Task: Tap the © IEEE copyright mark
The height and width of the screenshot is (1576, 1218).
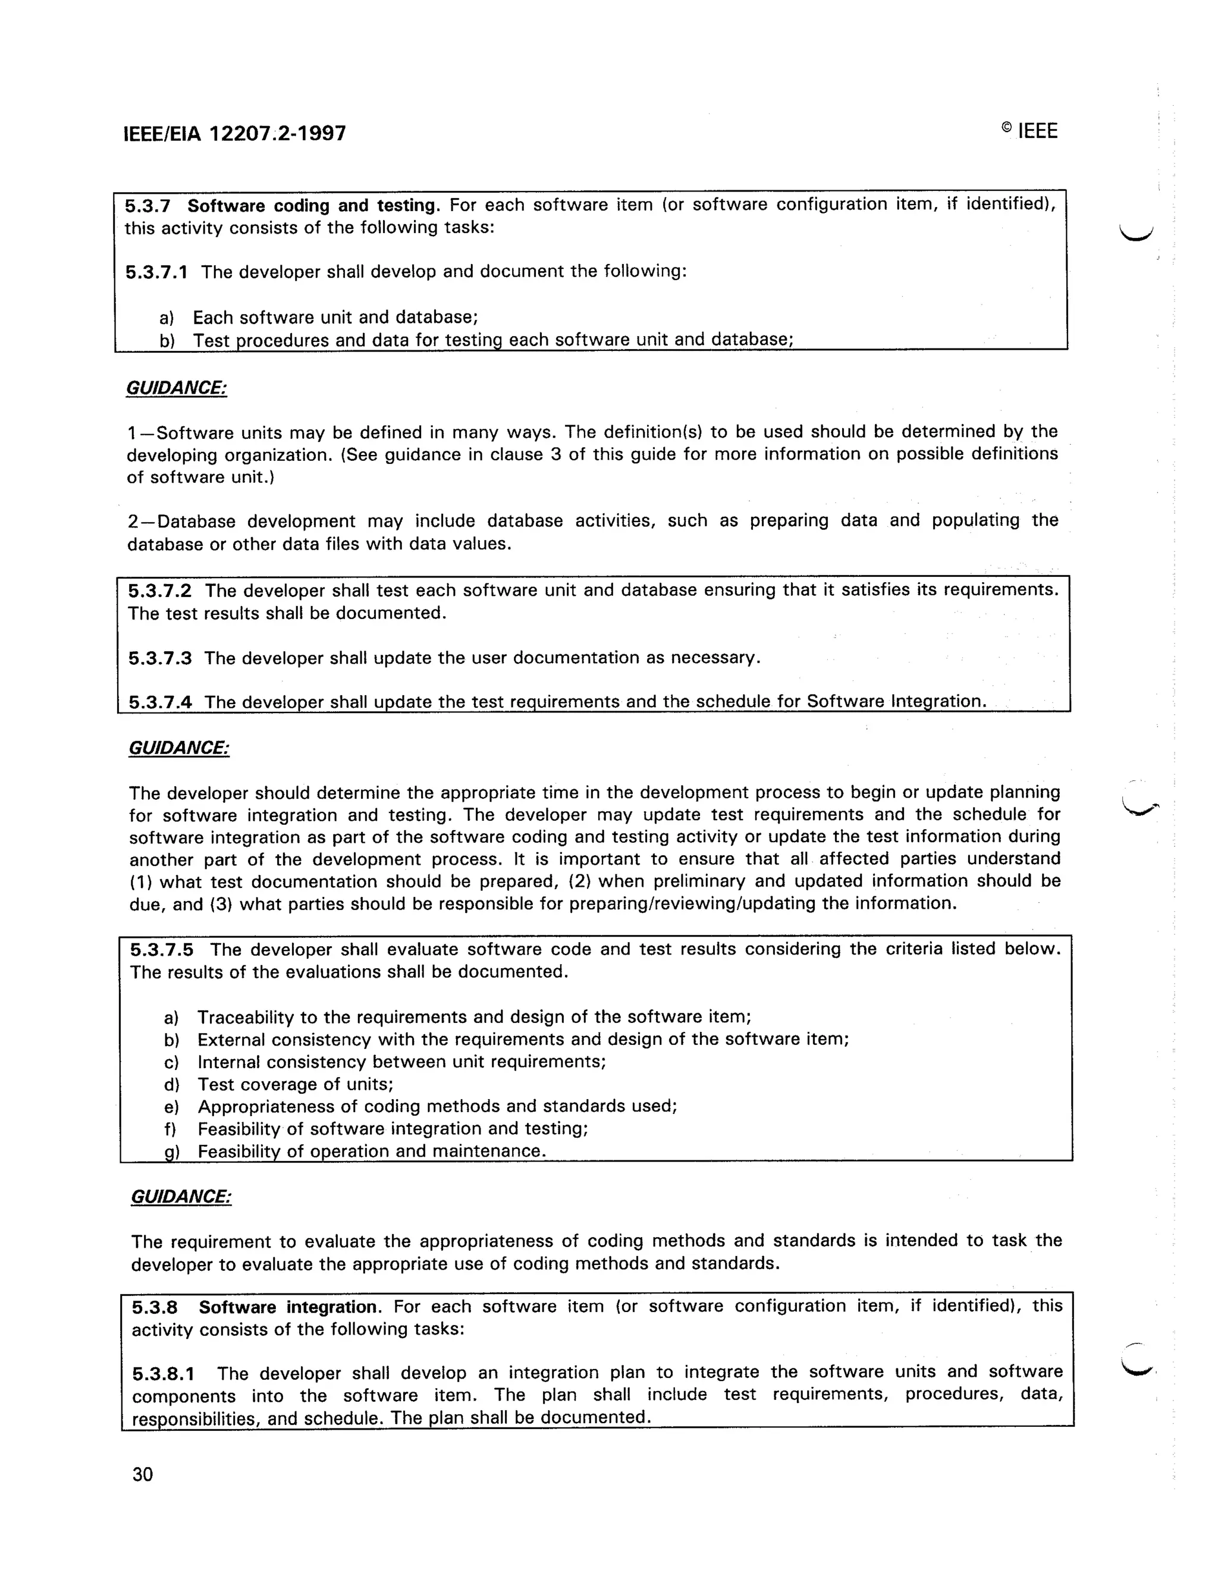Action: point(1029,131)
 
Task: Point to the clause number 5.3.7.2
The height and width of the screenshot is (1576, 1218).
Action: point(160,591)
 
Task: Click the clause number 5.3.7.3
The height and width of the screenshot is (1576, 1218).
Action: point(160,658)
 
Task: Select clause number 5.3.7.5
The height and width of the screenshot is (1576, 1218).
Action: point(162,950)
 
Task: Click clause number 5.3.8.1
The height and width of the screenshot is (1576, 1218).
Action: point(164,1374)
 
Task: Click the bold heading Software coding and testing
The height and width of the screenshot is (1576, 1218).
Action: point(314,206)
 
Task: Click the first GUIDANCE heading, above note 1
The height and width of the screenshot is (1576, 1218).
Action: point(177,388)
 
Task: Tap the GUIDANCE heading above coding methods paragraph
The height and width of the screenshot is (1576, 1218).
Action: point(181,1197)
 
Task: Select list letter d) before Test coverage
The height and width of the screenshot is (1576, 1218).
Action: point(172,1085)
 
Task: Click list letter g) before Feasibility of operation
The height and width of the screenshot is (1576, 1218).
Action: point(172,1152)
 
